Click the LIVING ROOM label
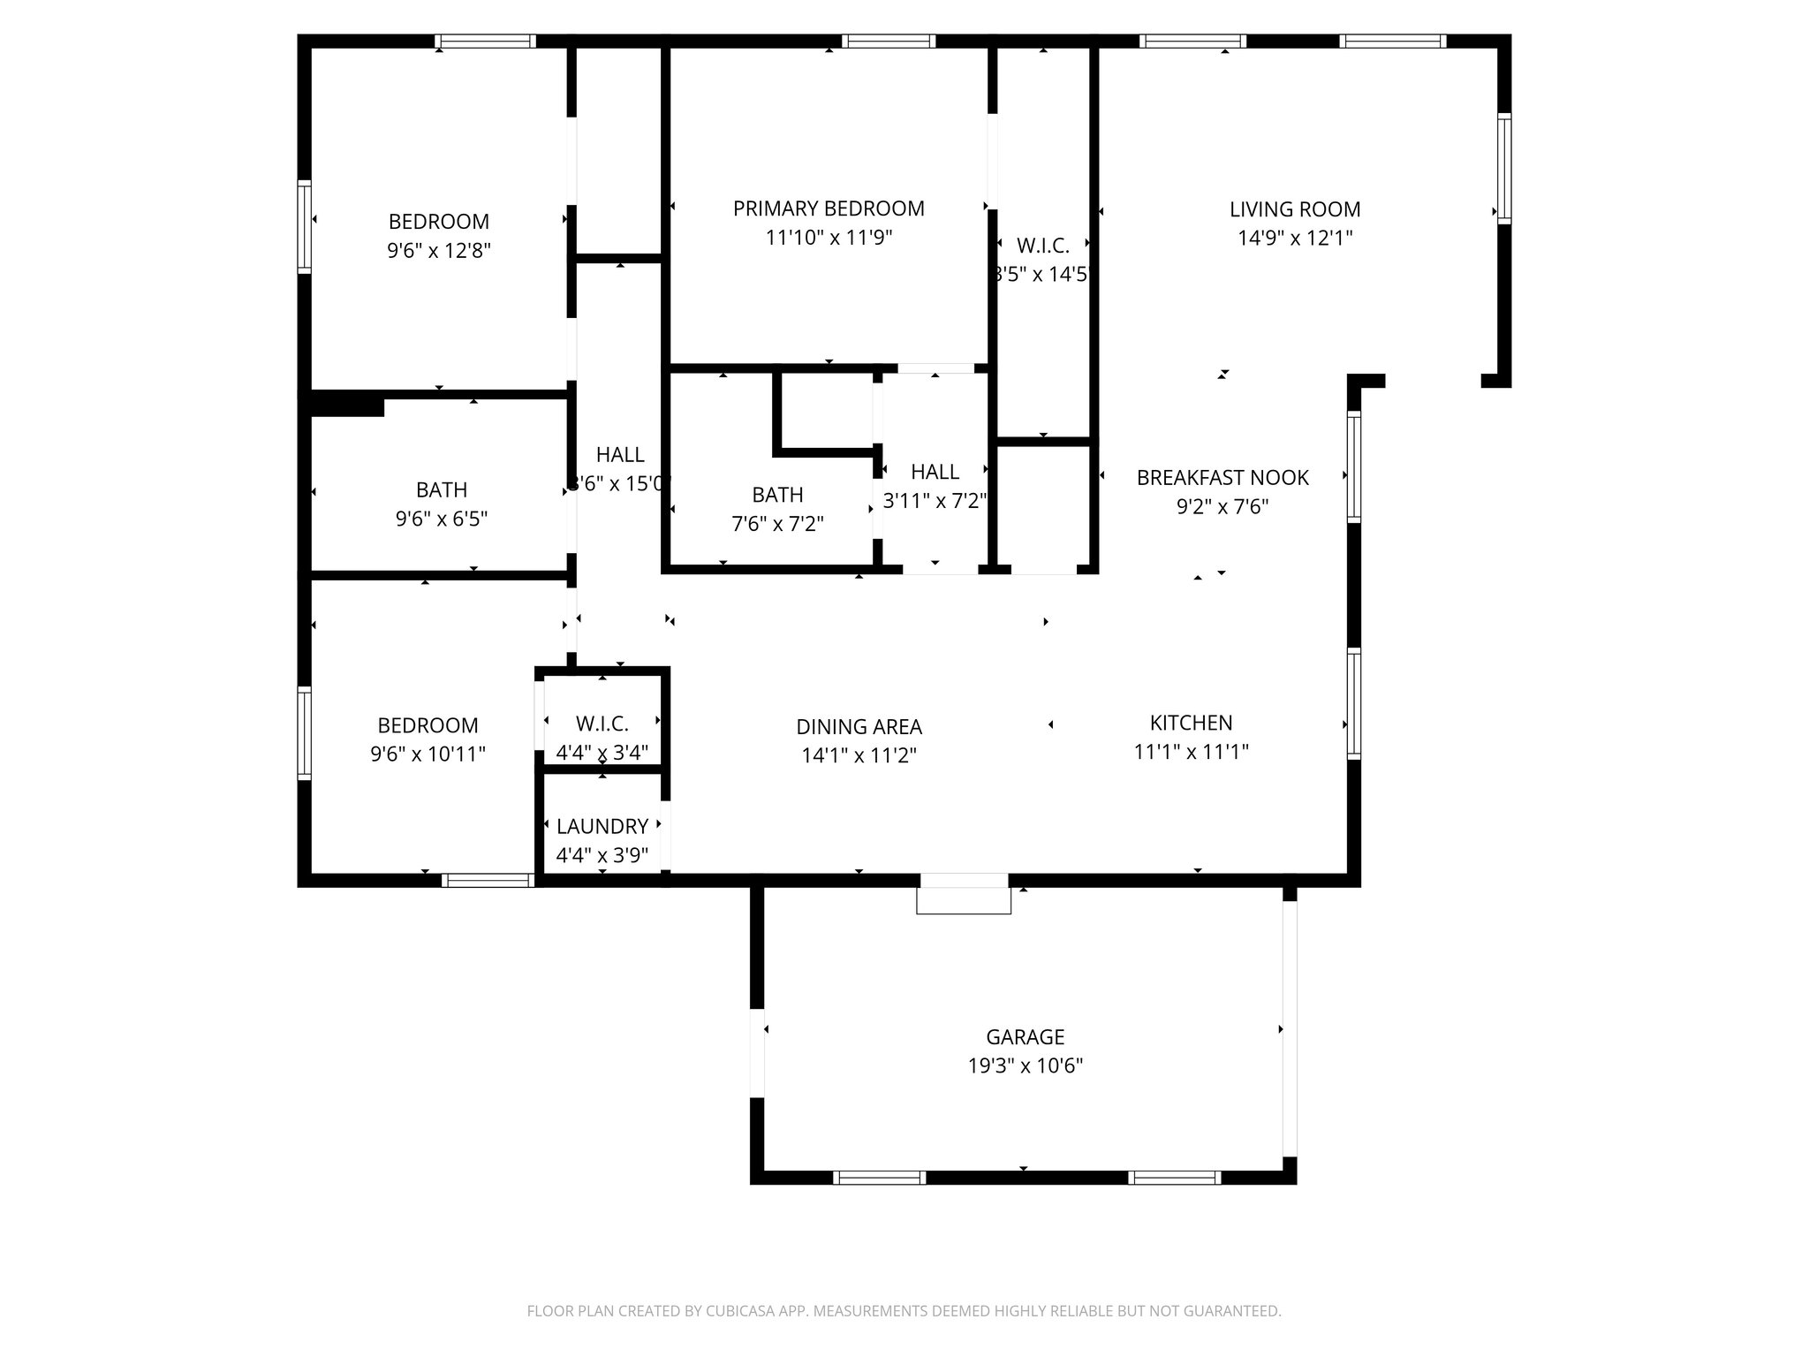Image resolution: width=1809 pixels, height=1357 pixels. [1295, 209]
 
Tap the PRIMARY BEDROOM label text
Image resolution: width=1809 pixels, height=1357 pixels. [829, 208]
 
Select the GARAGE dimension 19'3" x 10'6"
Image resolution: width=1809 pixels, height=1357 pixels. [1025, 1065]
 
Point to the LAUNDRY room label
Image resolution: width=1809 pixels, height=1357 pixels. [602, 826]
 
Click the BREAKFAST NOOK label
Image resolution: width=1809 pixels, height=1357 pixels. [1222, 478]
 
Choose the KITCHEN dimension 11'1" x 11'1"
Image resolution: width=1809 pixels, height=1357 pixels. [1191, 752]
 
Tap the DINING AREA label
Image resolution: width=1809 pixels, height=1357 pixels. [859, 727]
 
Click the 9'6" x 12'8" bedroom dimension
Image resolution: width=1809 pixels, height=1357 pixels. [439, 251]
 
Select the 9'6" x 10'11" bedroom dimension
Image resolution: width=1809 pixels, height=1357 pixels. [428, 754]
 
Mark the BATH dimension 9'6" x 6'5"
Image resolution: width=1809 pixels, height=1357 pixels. [442, 519]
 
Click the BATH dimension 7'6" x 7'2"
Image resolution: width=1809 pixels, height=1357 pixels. [777, 524]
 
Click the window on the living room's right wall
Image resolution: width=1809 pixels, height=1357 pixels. [1503, 168]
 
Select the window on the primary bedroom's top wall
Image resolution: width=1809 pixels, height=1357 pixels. [888, 41]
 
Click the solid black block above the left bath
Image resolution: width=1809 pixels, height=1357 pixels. [347, 405]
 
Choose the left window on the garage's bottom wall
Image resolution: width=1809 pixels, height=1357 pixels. [879, 1177]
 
